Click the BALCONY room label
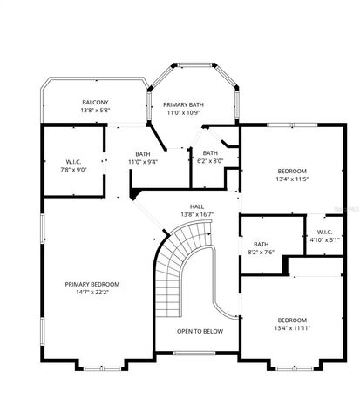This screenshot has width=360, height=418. tap(95, 103)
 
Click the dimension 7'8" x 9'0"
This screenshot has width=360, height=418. tap(73, 170)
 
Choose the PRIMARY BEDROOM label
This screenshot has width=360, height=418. tap(92, 284)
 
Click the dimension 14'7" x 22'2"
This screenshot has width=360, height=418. tap(92, 292)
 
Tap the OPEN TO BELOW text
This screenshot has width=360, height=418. tap(200, 331)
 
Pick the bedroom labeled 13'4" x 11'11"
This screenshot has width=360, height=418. tap(292, 324)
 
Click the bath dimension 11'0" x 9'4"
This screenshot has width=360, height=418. tap(142, 162)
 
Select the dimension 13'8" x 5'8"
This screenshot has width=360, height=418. tap(95, 111)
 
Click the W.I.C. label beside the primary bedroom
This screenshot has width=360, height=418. tap(73, 162)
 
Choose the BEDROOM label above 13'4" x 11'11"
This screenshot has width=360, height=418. tap(292, 319)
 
